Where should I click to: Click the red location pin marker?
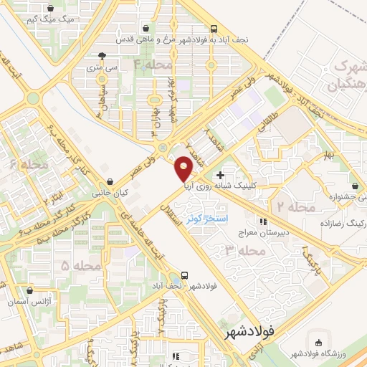(x=184, y=170)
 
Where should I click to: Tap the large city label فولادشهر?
(x=249, y=333)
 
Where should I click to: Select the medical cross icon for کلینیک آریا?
(x=220, y=175)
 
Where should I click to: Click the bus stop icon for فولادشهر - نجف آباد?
(x=185, y=275)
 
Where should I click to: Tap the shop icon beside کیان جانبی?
(x=109, y=183)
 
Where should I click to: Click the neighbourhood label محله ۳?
(x=239, y=251)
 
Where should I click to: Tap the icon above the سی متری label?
(x=103, y=55)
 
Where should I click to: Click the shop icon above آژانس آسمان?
(x=29, y=291)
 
